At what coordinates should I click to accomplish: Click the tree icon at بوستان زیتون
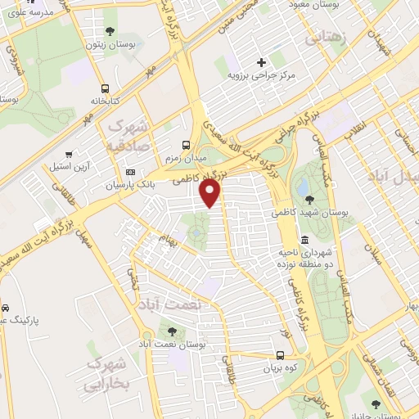110,31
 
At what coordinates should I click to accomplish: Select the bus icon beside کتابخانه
105,89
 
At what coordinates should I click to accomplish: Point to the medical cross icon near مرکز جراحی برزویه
261,62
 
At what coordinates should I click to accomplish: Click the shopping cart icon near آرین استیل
69,153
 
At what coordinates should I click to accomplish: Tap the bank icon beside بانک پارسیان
131,173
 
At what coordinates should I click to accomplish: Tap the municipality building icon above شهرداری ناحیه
304,240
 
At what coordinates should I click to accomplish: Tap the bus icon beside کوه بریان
281,355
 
